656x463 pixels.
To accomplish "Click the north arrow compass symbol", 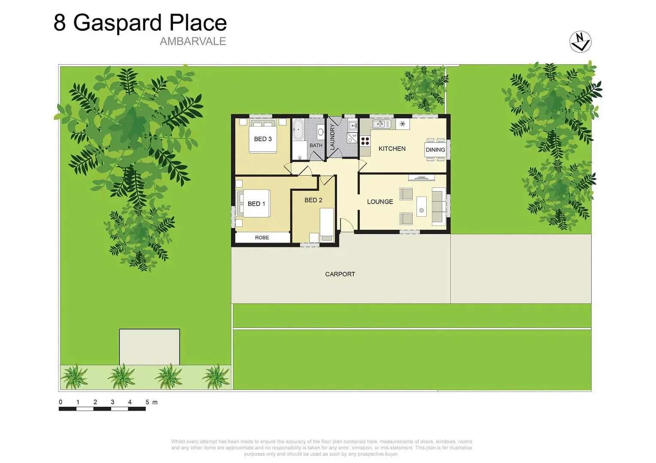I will tap(580, 42).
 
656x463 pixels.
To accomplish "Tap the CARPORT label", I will tap(340, 274).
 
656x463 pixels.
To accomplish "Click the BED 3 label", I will tap(263, 139).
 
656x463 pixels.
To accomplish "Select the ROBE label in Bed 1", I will tap(262, 238).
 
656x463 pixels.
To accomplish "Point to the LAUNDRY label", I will tap(332, 137).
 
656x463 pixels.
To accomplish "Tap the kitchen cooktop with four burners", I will tap(365, 141).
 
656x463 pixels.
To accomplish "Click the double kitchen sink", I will tap(381, 124).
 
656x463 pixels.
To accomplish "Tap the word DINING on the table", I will tap(435, 150).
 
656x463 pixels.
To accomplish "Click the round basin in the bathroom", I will tap(320, 131).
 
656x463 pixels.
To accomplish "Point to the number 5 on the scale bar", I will tap(147, 402).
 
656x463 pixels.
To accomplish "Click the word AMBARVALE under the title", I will tap(193, 42).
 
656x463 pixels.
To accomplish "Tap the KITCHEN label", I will tap(392, 149).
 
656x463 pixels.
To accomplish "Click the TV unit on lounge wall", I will tap(422, 177).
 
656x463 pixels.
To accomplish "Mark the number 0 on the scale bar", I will tap(61, 402).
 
